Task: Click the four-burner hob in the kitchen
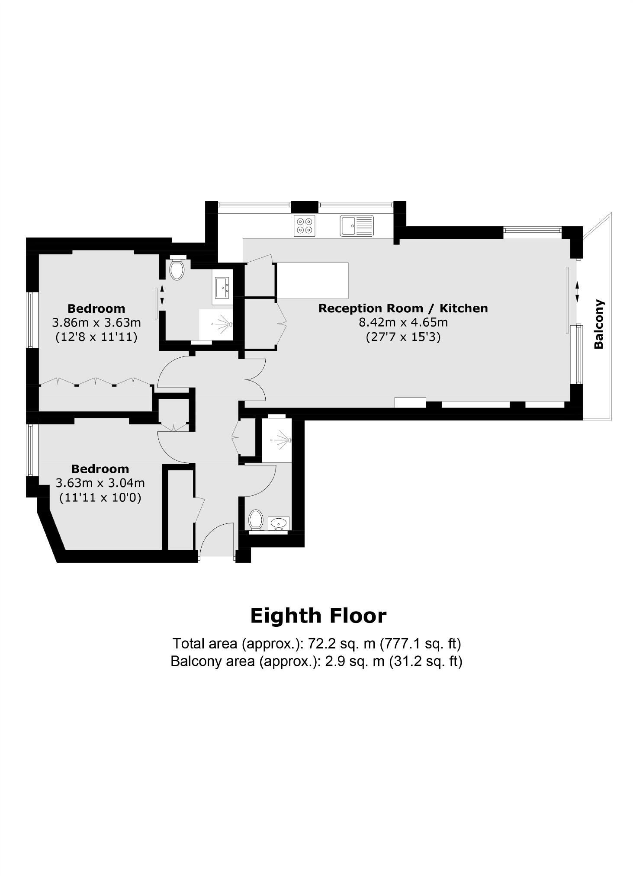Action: [304, 225]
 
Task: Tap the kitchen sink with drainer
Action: [357, 225]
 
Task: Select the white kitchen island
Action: [312, 280]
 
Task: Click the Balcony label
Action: [599, 324]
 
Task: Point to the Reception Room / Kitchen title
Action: [403, 308]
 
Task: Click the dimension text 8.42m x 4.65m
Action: [403, 322]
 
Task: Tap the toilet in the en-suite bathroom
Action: [177, 269]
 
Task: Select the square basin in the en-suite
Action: [222, 287]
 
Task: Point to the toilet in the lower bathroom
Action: [256, 519]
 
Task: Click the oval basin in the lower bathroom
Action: [279, 523]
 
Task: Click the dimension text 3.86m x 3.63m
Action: [96, 323]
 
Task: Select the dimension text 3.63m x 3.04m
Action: [100, 483]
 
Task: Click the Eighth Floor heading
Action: [318, 616]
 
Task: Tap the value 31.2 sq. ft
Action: [426, 661]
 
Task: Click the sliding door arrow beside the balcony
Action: [577, 292]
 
